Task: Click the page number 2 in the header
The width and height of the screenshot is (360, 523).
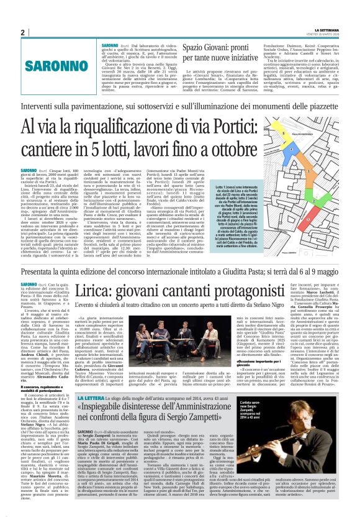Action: tap(22, 32)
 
